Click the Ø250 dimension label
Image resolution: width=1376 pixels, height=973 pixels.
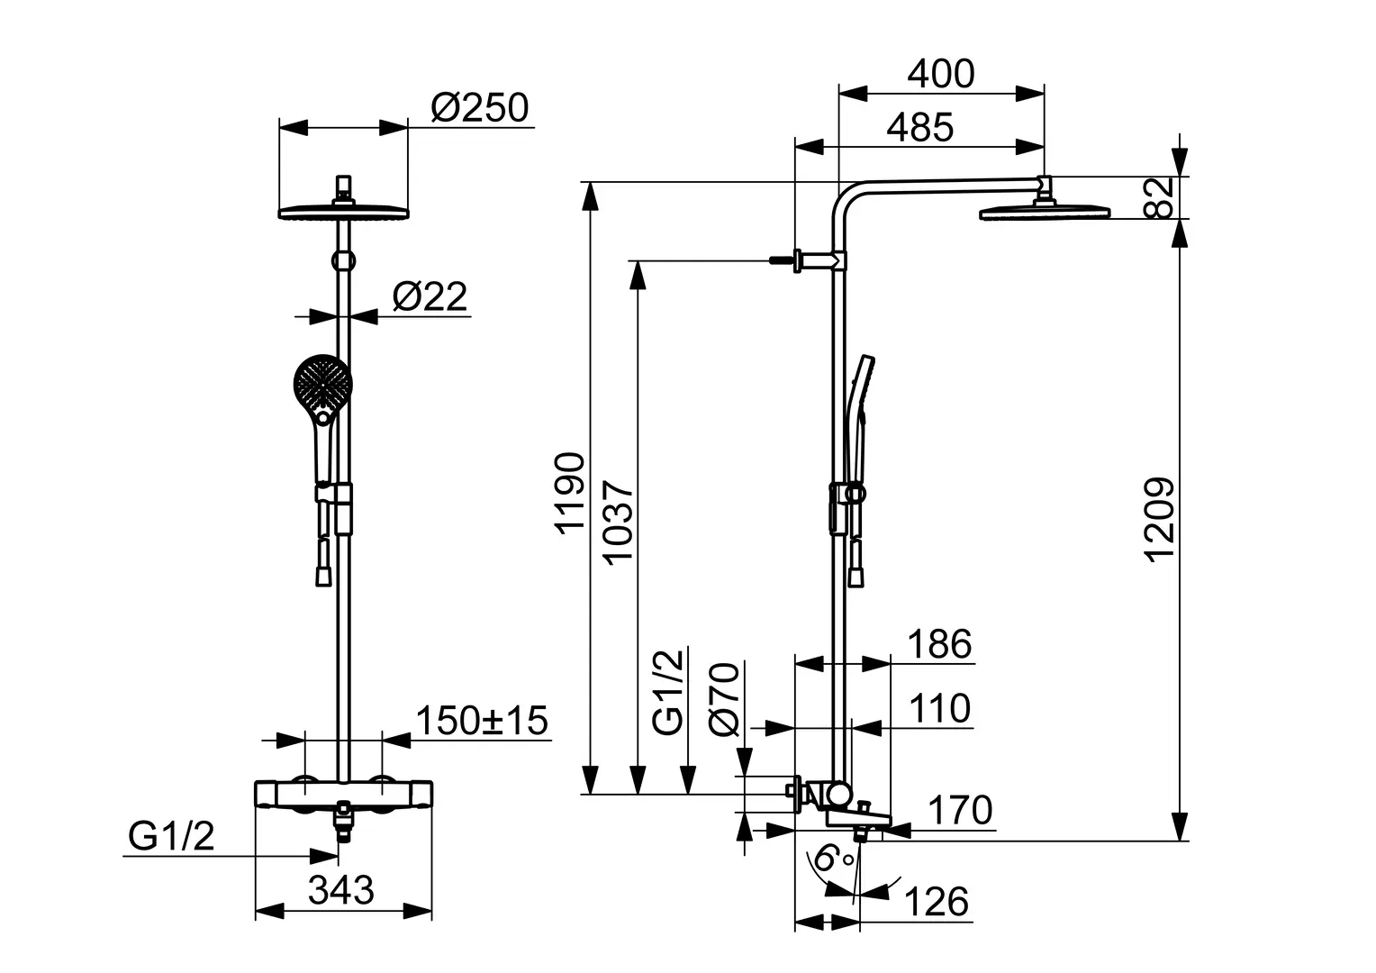tap(479, 108)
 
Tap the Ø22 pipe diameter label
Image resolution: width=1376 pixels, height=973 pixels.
tap(430, 296)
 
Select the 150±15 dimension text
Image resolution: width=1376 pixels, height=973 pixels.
tap(482, 720)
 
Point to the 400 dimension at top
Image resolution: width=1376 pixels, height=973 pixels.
tap(940, 74)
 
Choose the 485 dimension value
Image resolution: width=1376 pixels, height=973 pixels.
tap(919, 128)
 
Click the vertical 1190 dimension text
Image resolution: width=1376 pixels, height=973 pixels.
tap(570, 494)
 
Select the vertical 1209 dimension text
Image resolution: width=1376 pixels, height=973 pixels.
tap(1160, 518)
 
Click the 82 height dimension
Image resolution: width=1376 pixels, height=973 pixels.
tap(1162, 197)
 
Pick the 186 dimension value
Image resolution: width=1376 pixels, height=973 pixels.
tap(938, 645)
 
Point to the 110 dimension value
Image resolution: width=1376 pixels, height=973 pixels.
tap(938, 708)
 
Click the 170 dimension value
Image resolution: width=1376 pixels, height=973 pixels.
tap(959, 810)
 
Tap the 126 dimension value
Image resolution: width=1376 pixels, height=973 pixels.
tap(936, 901)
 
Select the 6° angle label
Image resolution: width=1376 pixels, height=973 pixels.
tap(828, 859)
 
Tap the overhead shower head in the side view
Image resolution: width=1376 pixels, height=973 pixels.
tap(1045, 213)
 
